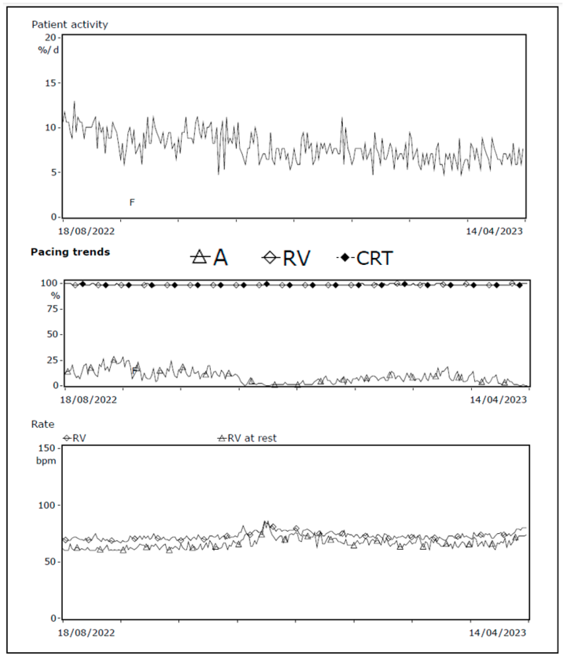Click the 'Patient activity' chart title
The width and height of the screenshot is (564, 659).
tap(70, 24)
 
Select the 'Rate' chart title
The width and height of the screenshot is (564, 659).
tap(43, 424)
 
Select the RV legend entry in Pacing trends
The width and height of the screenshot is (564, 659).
tap(286, 258)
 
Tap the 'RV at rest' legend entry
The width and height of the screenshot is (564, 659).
tap(247, 438)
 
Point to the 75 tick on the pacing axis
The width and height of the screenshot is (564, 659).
tap(52, 309)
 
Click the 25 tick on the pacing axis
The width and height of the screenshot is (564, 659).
tap(52, 360)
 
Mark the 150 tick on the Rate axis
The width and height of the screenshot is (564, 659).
tap(47, 448)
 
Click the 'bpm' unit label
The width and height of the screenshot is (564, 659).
tap(46, 461)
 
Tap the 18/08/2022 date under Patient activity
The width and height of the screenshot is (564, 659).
tap(86, 231)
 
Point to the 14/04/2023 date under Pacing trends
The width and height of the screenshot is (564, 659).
tap(498, 400)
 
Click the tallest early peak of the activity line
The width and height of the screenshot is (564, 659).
tap(74, 102)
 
